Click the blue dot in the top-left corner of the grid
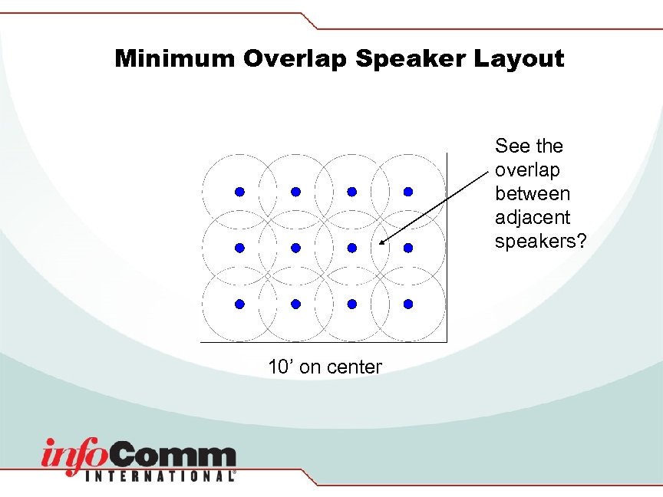pyautogui.click(x=239, y=191)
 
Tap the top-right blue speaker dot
pyautogui.click(x=408, y=191)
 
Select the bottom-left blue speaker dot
pyautogui.click(x=239, y=304)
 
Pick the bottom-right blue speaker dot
pyautogui.click(x=408, y=304)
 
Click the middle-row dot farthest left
pyautogui.click(x=239, y=248)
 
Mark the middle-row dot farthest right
pyautogui.click(x=408, y=248)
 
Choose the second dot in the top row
pyautogui.click(x=296, y=191)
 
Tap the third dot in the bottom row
pyautogui.click(x=352, y=304)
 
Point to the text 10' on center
pyautogui.click(x=325, y=367)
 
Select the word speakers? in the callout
pyautogui.click(x=540, y=242)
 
